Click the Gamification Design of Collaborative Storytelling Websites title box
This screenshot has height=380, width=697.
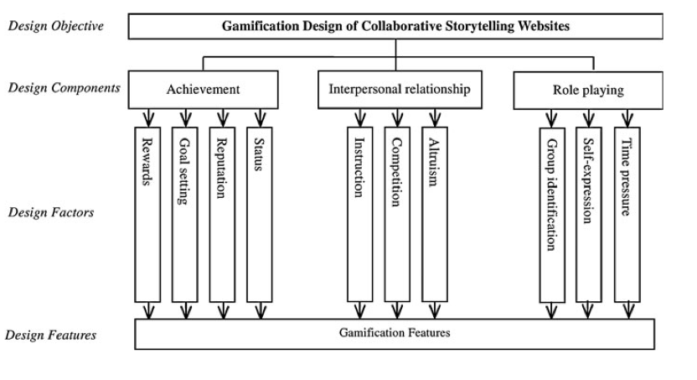point(395,26)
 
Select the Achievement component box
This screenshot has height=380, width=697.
point(203,89)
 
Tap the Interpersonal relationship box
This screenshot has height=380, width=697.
point(400,89)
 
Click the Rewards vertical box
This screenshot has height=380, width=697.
point(147,214)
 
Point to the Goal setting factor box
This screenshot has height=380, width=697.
point(184,214)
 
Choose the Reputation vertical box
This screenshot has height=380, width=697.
point(221,214)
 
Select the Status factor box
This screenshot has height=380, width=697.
point(258,214)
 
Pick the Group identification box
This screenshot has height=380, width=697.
point(552,214)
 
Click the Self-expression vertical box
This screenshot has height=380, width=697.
point(589,214)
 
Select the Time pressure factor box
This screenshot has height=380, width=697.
point(626,214)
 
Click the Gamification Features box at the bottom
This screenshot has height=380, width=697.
point(395,333)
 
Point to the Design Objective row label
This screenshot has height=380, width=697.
point(55,25)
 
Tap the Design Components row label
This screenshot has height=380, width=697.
point(64,88)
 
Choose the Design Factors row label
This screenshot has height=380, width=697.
point(51,212)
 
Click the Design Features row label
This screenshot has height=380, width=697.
point(51,336)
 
